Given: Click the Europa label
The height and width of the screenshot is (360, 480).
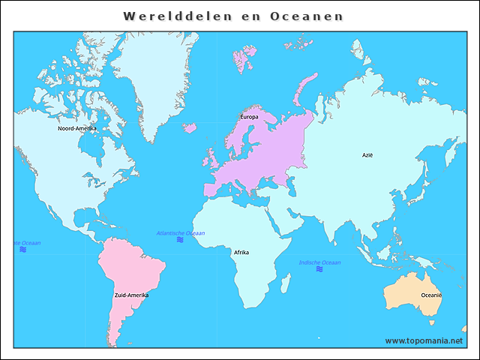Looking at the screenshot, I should click(249, 117).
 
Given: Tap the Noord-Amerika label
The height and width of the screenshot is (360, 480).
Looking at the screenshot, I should click(77, 128).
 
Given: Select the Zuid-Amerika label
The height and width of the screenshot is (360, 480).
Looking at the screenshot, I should click(131, 295).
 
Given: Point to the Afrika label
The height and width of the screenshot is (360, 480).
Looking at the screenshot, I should click(241, 253).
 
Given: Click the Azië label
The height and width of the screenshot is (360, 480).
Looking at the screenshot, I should click(367, 155).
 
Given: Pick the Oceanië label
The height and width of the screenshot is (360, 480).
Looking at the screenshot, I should click(431, 295).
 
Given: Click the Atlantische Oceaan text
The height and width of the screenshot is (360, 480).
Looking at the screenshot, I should click(180, 233).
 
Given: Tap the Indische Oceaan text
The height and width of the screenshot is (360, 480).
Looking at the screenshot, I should click(319, 262).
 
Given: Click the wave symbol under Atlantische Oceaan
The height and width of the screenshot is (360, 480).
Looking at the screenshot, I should click(180, 240).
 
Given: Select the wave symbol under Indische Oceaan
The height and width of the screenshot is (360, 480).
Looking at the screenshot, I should click(319, 269).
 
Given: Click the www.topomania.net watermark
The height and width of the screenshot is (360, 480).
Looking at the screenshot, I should click(424, 340).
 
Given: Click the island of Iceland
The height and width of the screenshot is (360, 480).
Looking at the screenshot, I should click(189, 128).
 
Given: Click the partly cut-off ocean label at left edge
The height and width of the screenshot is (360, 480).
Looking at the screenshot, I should click(27, 244).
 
